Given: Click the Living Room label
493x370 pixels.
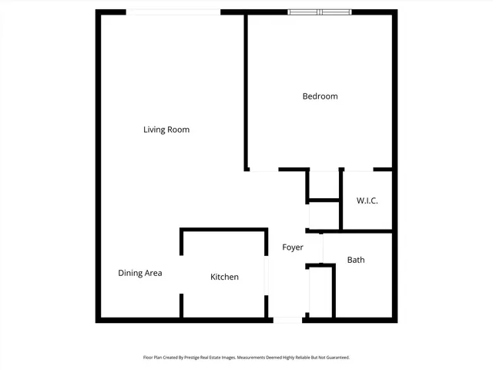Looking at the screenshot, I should tap(166, 129).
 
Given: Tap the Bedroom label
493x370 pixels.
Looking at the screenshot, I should tap(320, 96).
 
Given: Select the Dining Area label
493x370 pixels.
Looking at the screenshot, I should tap(139, 273).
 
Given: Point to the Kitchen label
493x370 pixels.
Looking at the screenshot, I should tap(225, 277).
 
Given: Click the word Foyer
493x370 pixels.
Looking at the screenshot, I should tap(293, 247).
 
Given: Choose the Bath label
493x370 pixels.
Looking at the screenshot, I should tap(356, 260).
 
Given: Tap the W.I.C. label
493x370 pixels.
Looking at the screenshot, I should tap(367, 200).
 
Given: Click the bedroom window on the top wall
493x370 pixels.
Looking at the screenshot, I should tap(320, 12).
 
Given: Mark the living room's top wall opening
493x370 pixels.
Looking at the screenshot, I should tap(173, 12).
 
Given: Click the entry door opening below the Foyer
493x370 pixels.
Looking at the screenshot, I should tap(288, 319).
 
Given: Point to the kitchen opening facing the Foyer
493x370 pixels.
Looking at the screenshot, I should tap(267, 276).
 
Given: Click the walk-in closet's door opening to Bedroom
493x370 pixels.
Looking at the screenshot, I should tap(358, 170).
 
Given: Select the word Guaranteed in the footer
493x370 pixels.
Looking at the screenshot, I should tap(335, 358).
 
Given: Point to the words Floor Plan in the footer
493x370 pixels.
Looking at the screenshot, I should tap(153, 358).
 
